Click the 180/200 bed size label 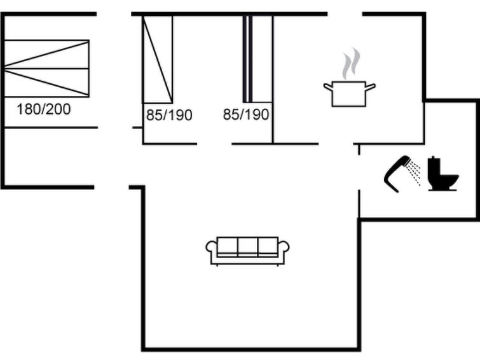pos(43,109)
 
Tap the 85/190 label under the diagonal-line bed pos(169,115)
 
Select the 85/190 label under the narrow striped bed pos(246,115)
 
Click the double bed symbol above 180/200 pos(46,69)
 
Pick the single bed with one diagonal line pos(158,59)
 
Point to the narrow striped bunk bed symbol pos(248,59)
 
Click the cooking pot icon pos(349,93)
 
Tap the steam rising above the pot pos(348,66)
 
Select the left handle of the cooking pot pos(328,86)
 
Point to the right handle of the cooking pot pos(370,86)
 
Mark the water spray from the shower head pos(415,172)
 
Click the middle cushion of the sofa pos(247,246)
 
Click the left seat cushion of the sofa pos(227,246)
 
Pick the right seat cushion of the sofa pos(268,246)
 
